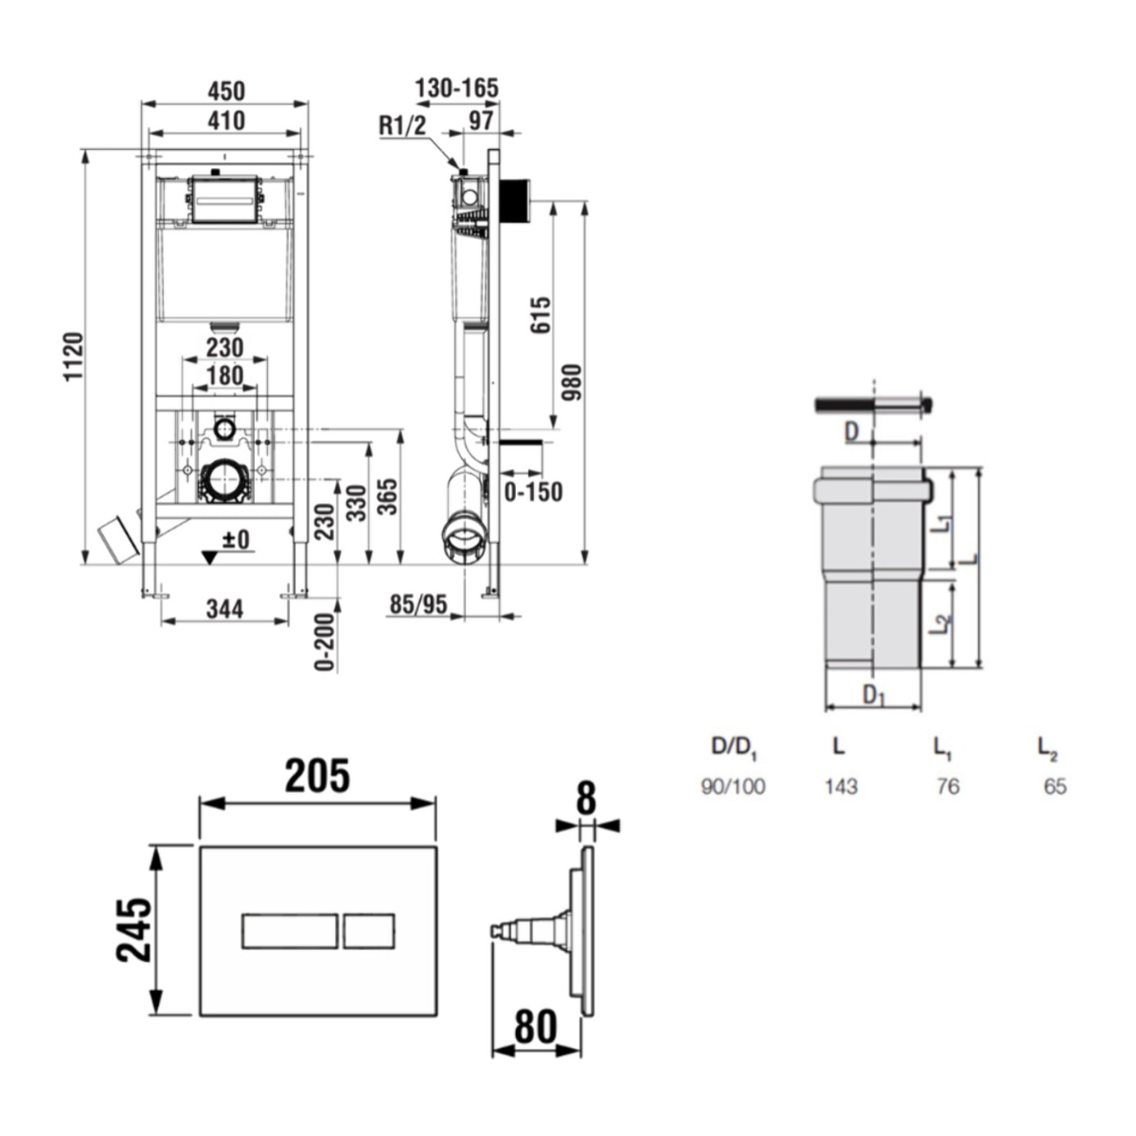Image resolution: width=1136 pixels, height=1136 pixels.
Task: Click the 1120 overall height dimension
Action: point(74,356)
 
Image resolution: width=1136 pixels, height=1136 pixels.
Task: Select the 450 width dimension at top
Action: point(225,90)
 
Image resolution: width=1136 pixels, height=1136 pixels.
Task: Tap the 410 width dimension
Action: point(225,120)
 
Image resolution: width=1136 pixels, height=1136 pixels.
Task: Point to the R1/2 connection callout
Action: point(402,125)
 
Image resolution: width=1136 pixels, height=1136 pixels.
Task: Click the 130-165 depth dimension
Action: point(456,88)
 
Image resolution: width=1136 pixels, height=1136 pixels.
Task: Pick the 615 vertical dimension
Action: point(541,315)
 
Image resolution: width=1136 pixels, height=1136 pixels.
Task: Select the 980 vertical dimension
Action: point(571,382)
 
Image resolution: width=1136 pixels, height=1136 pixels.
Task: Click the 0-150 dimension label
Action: point(533,492)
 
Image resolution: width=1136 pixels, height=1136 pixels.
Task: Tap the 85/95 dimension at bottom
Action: point(418,604)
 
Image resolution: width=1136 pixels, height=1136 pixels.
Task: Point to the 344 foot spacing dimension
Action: point(224,609)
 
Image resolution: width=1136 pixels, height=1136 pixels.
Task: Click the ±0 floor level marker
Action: point(235,540)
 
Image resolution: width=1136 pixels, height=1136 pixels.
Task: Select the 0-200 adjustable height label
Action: point(325,642)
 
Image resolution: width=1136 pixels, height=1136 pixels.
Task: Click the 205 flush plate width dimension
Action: point(317,776)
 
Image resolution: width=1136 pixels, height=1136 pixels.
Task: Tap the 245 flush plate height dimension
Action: point(134,930)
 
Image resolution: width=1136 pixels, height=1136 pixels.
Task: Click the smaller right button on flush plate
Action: point(369,931)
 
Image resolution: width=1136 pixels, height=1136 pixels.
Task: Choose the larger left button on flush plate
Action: point(289,931)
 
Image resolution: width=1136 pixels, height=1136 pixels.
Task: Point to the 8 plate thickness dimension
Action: point(586,799)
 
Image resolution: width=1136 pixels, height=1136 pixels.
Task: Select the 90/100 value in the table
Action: point(733,786)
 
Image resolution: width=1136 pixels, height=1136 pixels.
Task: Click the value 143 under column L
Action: point(840,786)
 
